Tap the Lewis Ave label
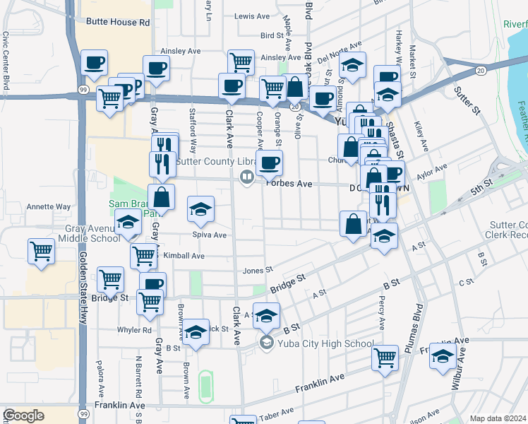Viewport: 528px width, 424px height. click(x=253, y=16)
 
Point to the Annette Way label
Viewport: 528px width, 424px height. click(x=49, y=207)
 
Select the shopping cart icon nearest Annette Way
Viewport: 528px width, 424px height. click(x=42, y=252)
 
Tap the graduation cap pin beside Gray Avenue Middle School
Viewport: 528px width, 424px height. click(x=128, y=223)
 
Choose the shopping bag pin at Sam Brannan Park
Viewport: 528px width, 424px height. click(x=162, y=197)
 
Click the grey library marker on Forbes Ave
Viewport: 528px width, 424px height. click(x=247, y=177)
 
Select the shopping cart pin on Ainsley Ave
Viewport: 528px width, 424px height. click(x=241, y=62)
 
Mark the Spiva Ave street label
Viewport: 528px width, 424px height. click(x=209, y=235)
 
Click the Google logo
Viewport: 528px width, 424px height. click(x=23, y=416)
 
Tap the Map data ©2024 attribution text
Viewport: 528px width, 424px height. click(x=498, y=418)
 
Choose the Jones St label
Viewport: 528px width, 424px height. click(x=258, y=271)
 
